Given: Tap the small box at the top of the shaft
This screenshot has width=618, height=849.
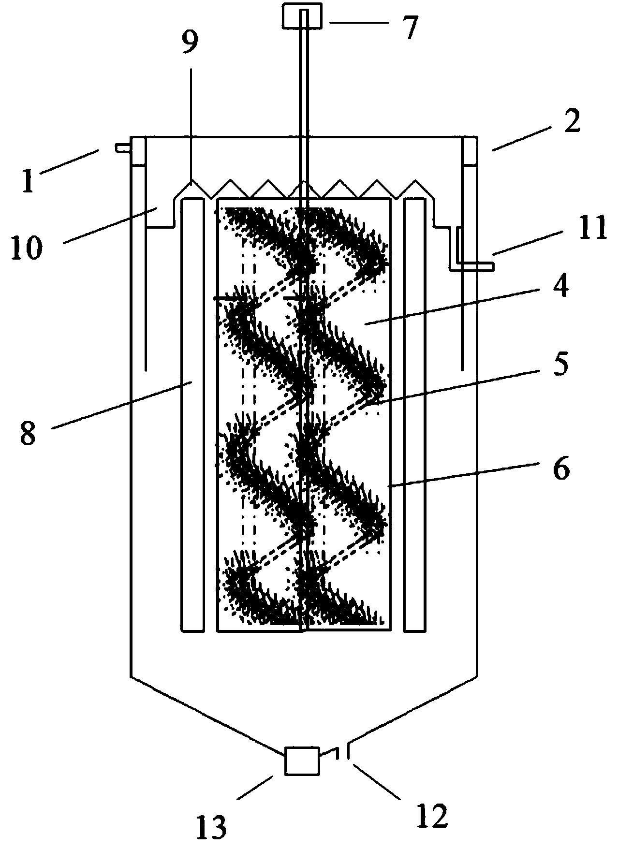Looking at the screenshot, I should [x=302, y=18].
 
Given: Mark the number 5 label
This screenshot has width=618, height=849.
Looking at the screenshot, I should [x=560, y=365].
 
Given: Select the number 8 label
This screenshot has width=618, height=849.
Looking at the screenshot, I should [x=28, y=432].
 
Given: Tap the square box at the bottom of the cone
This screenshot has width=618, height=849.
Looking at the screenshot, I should [x=302, y=761].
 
